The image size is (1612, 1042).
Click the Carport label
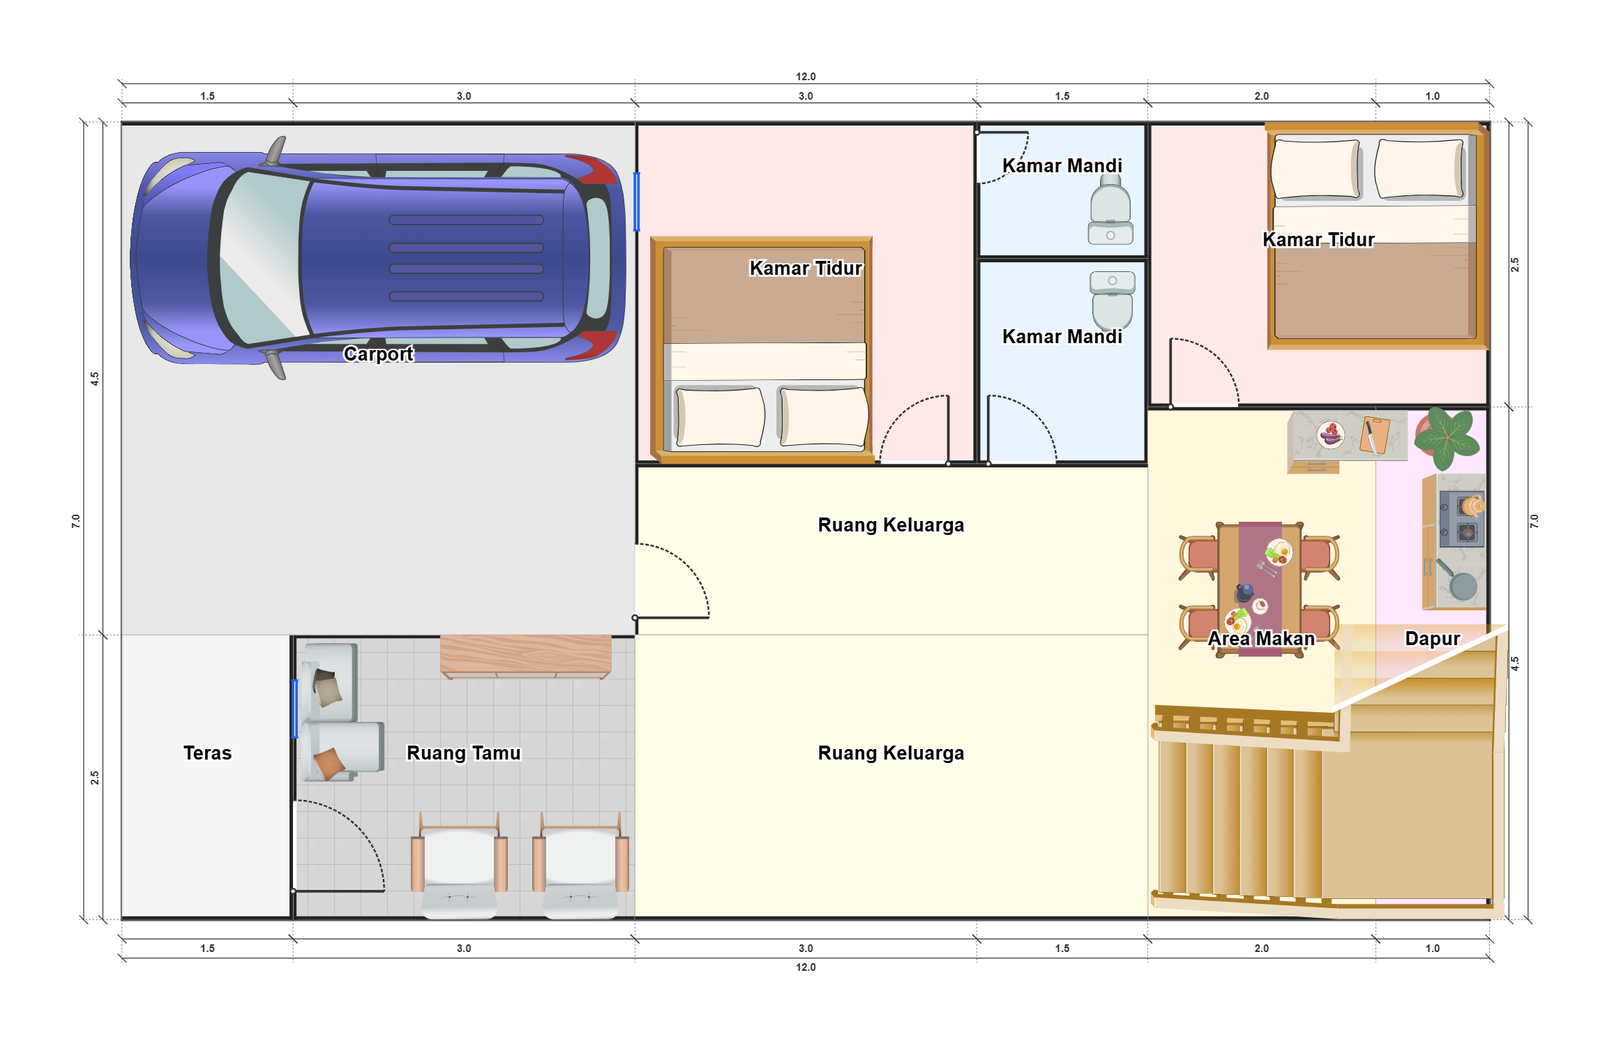pyautogui.click(x=378, y=354)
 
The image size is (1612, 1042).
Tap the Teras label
pyautogui.click(x=207, y=753)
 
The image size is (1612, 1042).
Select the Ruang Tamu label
pyautogui.click(x=464, y=753)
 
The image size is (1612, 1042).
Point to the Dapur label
pyautogui.click(x=1432, y=639)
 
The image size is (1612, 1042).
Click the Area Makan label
pyautogui.click(x=1261, y=639)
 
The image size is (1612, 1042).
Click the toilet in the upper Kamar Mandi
pyautogui.click(x=1110, y=209)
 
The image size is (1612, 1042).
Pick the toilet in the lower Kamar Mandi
pyautogui.click(x=1112, y=301)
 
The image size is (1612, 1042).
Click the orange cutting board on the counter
pyautogui.click(x=1374, y=435)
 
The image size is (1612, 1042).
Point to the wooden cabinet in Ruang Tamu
pyautogui.click(x=526, y=656)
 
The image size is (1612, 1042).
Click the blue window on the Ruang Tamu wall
pyautogui.click(x=295, y=709)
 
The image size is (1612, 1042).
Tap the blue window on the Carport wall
pyautogui.click(x=636, y=202)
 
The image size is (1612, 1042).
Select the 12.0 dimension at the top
pyautogui.click(x=806, y=77)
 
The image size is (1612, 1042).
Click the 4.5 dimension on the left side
pyautogui.click(x=95, y=379)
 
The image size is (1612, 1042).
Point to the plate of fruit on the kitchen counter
pyautogui.click(x=1330, y=435)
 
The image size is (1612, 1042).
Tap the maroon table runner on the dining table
pyautogui.click(x=1260, y=589)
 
